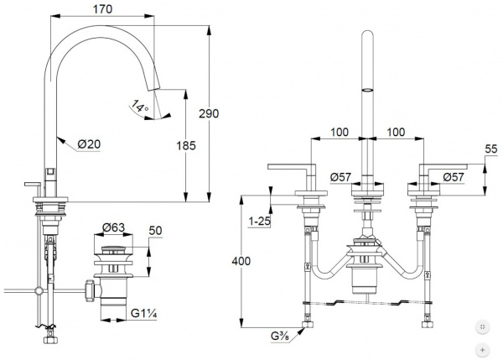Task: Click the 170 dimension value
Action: (102, 9)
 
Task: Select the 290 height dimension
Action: (209, 113)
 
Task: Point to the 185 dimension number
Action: (186, 146)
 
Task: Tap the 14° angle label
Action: (139, 106)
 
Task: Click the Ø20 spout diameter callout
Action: (89, 144)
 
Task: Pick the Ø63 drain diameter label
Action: (113, 227)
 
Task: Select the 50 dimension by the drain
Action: (156, 231)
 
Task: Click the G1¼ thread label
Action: (143, 313)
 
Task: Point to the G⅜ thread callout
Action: (280, 337)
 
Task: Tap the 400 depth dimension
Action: (241, 261)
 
